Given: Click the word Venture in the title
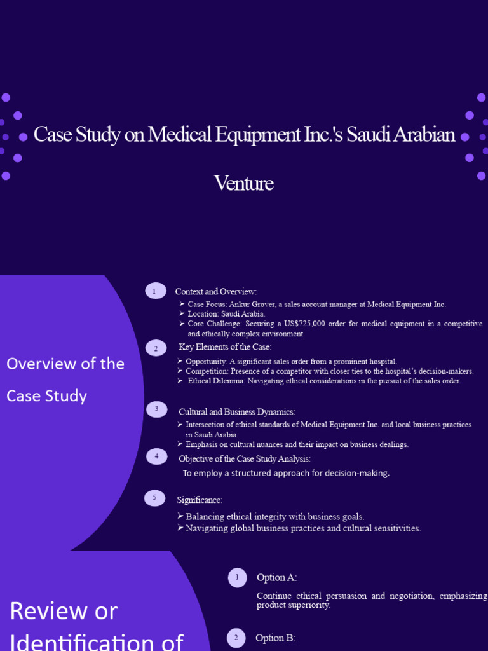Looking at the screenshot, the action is point(244,184).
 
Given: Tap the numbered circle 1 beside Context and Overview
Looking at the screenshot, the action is point(155,291).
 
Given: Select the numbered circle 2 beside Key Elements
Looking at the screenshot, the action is point(156,348).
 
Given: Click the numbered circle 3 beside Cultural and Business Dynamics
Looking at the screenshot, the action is point(156,409).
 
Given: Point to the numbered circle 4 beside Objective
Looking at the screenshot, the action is point(156,456).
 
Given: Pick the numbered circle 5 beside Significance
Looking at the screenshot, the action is point(154,498).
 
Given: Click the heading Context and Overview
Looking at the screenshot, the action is point(216,292).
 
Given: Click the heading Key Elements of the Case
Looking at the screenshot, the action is point(225,347).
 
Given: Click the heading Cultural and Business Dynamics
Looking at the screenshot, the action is point(237,412).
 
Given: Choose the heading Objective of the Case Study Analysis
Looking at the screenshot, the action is point(245,458).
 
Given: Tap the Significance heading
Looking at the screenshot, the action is point(200,500).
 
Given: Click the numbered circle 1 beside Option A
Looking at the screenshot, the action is point(237,577).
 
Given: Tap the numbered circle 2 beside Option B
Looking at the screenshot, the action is point(236,638).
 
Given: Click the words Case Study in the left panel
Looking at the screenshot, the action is point(46,396).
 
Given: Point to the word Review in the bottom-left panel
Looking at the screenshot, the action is point(64,611).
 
